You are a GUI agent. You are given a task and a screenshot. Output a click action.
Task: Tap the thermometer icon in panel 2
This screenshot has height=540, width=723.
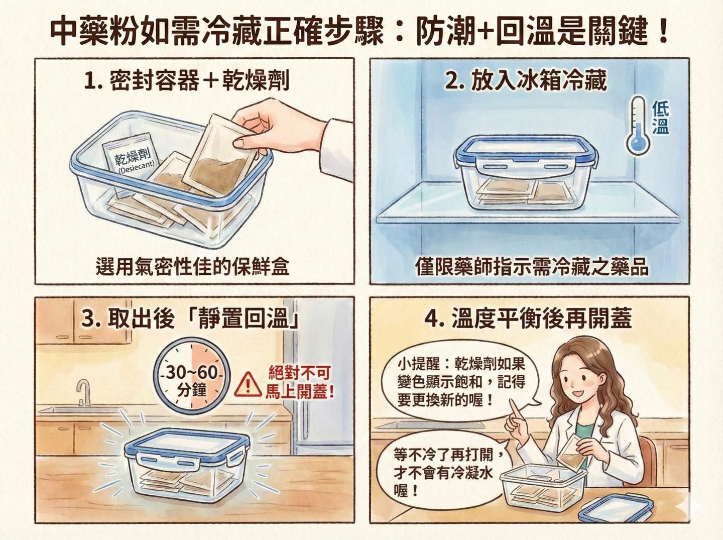pos(638,125)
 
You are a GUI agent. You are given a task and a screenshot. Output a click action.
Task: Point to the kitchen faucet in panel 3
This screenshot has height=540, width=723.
pos(83,392)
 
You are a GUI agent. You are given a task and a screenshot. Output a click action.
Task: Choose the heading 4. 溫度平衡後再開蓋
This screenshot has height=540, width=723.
pos(528,318)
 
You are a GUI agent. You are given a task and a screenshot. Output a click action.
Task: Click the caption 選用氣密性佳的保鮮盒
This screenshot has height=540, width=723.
pos(192,266)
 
